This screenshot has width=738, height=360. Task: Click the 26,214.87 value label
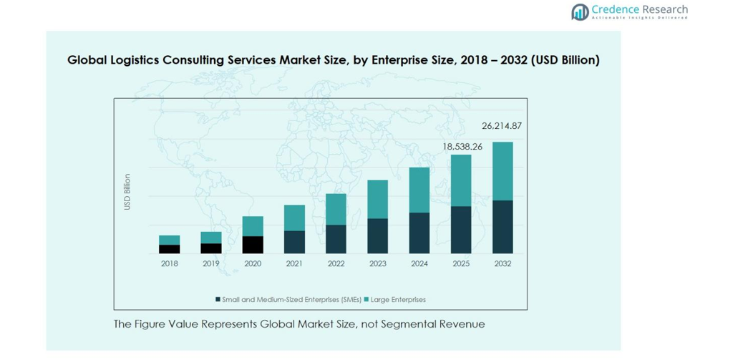(x=502, y=126)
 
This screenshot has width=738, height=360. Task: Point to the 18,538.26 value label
(x=462, y=147)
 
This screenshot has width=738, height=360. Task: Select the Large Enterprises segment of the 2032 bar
(x=502, y=171)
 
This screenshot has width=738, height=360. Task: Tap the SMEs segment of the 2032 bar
(x=502, y=227)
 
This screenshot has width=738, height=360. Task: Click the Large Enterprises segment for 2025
(x=461, y=180)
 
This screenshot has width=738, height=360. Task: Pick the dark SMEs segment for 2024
(x=419, y=233)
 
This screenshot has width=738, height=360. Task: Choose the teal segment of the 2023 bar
(x=378, y=199)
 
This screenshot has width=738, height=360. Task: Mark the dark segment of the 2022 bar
(x=336, y=239)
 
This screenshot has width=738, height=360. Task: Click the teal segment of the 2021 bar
(x=294, y=218)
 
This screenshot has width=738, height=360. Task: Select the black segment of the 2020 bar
(x=253, y=245)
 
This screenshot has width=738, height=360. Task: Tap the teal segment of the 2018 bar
(x=170, y=240)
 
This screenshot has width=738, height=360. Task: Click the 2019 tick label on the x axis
(x=211, y=263)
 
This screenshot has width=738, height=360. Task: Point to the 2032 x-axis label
(x=502, y=263)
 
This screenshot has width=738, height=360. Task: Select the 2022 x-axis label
(x=336, y=263)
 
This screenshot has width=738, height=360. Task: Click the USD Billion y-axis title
(x=127, y=192)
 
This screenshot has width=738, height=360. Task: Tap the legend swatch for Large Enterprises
(x=366, y=300)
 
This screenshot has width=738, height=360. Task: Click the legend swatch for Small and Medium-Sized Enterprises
(x=218, y=300)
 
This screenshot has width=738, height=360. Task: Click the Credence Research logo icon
(x=580, y=11)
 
